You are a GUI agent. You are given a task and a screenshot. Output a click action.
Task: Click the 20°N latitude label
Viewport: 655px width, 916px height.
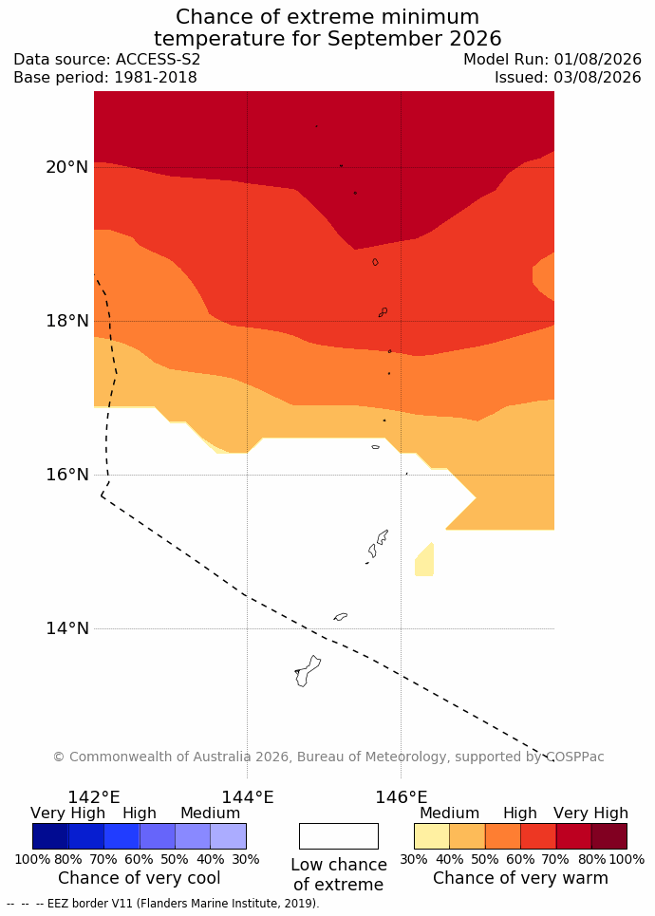pyautogui.click(x=67, y=167)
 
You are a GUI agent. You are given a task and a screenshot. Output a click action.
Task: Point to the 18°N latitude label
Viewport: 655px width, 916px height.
pyautogui.click(x=67, y=321)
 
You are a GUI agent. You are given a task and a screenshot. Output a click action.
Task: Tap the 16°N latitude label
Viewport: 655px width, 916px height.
pyautogui.click(x=67, y=475)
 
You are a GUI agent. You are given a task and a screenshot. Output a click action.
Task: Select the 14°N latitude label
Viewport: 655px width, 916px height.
pyautogui.click(x=67, y=628)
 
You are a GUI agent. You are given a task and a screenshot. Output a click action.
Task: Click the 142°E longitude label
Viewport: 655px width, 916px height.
pyautogui.click(x=94, y=797)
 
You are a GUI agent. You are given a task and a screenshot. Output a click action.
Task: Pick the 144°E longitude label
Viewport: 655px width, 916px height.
pyautogui.click(x=248, y=797)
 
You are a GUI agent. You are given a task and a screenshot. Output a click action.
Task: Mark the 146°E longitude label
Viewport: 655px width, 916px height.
pyautogui.click(x=402, y=797)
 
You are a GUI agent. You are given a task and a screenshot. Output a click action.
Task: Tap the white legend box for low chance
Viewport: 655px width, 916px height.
pyautogui.click(x=339, y=836)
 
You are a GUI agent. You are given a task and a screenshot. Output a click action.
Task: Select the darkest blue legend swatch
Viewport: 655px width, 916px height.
pyautogui.click(x=50, y=836)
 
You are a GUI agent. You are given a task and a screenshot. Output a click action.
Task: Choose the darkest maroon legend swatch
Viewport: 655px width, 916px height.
pyautogui.click(x=609, y=836)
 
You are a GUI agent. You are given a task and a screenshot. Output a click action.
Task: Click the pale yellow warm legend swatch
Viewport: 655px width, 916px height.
pyautogui.click(x=432, y=836)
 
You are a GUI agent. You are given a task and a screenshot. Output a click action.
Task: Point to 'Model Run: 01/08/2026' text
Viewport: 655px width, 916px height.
pyautogui.click(x=552, y=60)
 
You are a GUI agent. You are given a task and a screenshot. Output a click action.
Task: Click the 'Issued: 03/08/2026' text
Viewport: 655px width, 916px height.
pyautogui.click(x=568, y=78)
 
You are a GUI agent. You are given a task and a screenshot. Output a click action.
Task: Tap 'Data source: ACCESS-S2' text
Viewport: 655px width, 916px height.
pyautogui.click(x=107, y=60)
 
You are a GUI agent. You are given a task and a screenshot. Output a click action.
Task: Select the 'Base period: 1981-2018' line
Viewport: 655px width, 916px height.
pyautogui.click(x=105, y=78)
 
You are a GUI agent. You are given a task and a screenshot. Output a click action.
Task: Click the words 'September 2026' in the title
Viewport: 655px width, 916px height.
pyautogui.click(x=414, y=39)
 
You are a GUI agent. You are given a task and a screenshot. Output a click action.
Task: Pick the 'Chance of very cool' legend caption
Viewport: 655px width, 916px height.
pyautogui.click(x=139, y=878)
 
